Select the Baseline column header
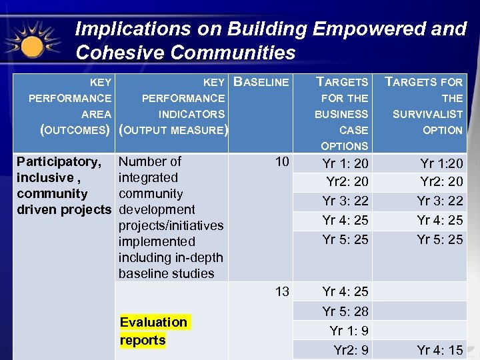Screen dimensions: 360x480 point(262,83)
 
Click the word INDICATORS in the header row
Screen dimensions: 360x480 point(191,115)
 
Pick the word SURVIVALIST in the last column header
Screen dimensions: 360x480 point(427,115)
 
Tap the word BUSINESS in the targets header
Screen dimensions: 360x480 point(341,115)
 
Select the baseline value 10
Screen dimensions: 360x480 point(282,162)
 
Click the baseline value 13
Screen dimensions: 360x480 point(282,291)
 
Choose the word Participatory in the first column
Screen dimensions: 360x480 point(59,162)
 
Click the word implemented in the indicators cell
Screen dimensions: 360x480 point(157,241)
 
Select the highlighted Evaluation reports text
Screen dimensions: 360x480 point(153,331)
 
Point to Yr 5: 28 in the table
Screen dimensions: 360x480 point(345,311)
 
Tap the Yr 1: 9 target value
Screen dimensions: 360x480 point(349,331)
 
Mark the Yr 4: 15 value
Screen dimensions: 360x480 point(440,350)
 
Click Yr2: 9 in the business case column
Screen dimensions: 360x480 point(351,350)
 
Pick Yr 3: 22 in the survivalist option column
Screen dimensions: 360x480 point(440,201)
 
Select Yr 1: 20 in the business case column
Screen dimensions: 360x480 point(345,164)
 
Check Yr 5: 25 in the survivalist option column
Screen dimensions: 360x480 point(440,239)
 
